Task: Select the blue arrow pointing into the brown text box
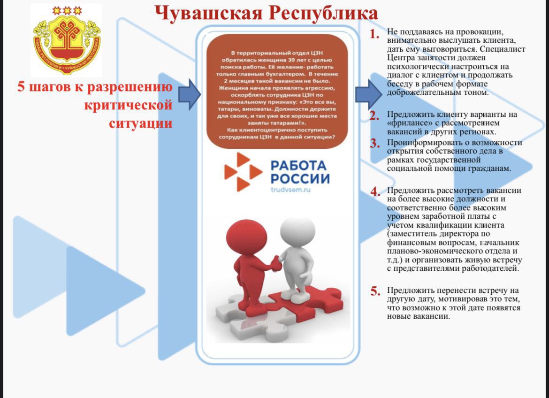click(190, 94)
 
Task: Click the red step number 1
click(374, 34)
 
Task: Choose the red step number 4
click(374, 191)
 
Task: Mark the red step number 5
click(374, 291)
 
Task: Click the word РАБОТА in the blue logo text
click(298, 165)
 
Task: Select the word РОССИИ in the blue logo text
click(300, 179)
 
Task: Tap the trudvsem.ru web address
click(291, 190)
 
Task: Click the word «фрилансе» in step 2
click(406, 123)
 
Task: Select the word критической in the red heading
click(128, 105)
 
